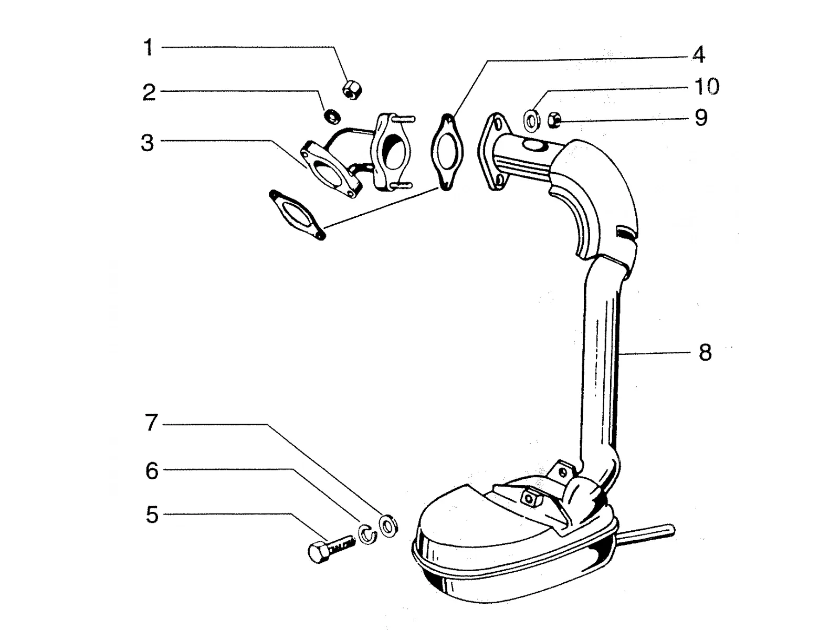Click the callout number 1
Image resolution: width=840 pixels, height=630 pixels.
(148, 48)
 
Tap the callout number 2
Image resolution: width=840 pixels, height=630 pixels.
(149, 92)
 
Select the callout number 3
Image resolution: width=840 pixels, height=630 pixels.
(148, 143)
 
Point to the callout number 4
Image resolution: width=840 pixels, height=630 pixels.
(699, 55)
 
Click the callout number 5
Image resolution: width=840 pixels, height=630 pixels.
(152, 515)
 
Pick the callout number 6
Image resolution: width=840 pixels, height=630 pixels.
(152, 471)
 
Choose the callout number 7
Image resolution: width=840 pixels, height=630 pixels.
(151, 423)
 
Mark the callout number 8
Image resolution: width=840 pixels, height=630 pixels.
(705, 352)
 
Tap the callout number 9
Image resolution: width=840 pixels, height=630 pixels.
(701, 118)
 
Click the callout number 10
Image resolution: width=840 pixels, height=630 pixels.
(707, 87)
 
